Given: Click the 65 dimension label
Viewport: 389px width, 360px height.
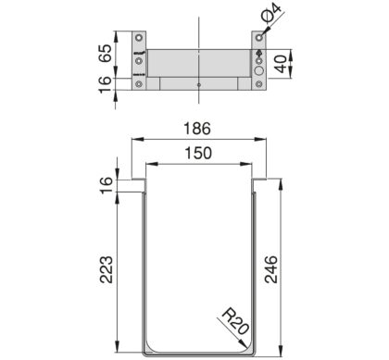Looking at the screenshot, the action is pos(106,54).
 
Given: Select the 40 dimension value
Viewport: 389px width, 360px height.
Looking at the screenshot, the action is pos(281,64).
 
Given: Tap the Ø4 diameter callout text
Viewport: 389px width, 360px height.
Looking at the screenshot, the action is pos(271,12).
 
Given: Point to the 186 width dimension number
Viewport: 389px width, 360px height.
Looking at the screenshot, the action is pos(197,129).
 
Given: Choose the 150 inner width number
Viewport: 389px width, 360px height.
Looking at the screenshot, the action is pos(198,154).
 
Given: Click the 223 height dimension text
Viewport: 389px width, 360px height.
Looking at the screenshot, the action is pos(106,269).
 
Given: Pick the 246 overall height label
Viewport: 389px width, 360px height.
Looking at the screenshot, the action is pos(271,269).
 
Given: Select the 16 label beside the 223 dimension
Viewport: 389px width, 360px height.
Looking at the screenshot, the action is pos(106,185).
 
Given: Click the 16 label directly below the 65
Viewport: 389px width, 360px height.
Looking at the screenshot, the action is pos(106,84).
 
